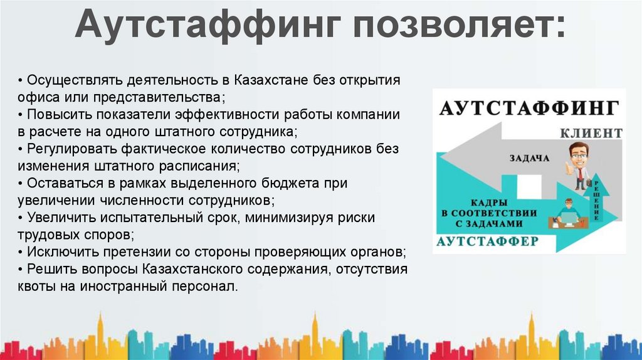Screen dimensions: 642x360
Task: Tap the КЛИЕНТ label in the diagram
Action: tap(591, 133)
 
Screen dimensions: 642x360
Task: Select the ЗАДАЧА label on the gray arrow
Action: tap(529, 157)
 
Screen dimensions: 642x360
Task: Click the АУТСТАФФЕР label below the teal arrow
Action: tap(487, 241)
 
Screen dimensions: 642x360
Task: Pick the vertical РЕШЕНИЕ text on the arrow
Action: tap(596, 200)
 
